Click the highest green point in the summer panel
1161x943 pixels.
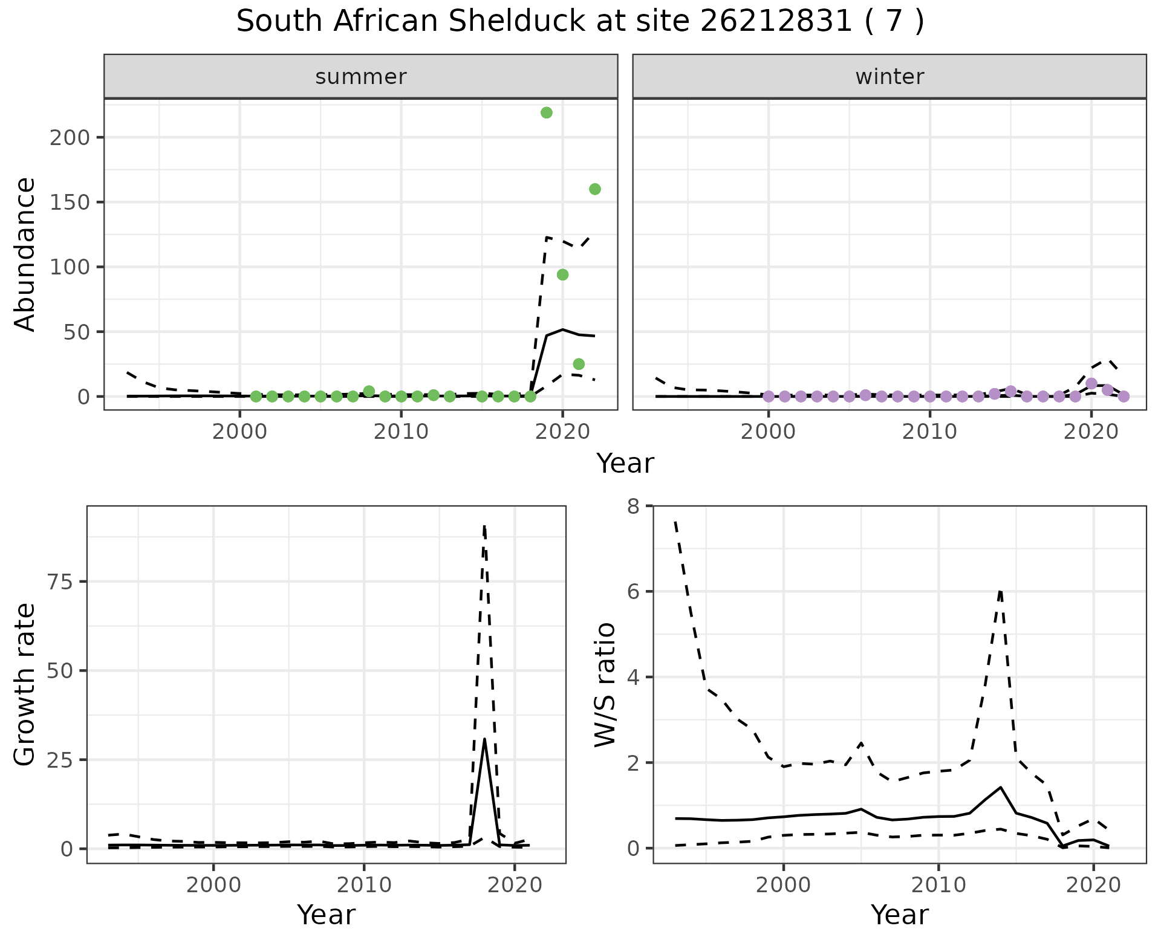point(546,113)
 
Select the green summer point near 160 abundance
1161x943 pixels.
point(594,189)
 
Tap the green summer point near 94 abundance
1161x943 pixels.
point(562,275)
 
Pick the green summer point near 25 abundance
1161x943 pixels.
point(579,364)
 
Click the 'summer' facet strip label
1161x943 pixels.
point(361,77)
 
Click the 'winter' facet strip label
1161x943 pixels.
point(889,77)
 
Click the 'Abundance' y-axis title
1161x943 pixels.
point(25,254)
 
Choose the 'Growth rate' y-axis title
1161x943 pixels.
point(25,684)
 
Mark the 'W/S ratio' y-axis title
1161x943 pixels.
point(605,684)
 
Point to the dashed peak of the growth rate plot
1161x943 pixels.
point(484,526)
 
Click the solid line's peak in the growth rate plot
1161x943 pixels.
point(484,739)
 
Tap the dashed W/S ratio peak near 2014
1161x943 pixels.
point(1001,591)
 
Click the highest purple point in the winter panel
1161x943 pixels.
point(1091,383)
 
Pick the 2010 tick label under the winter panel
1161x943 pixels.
point(930,432)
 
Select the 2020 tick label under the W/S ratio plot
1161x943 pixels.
point(1093,886)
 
